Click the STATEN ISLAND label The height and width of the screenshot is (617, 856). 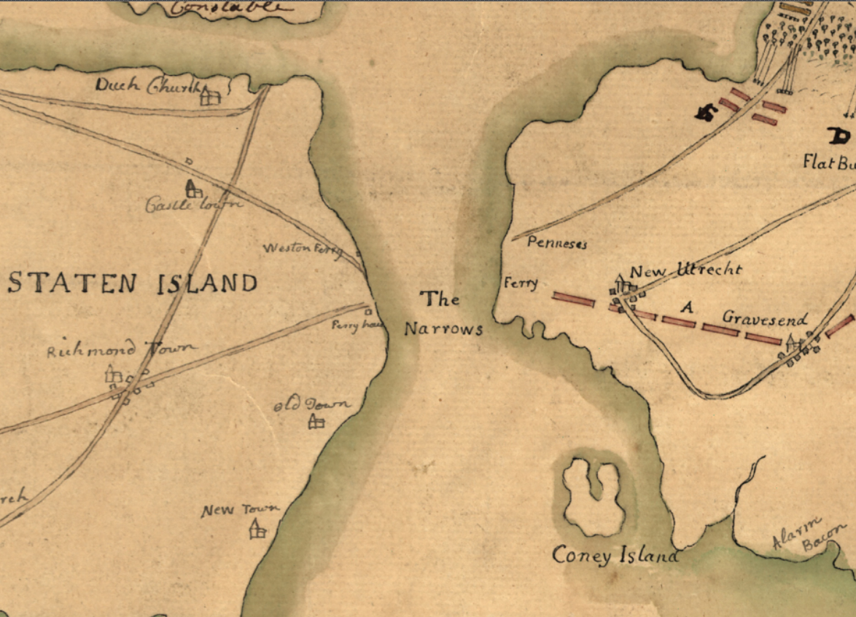point(133,283)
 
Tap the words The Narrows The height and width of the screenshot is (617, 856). point(443,314)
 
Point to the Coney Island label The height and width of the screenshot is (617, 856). point(615,556)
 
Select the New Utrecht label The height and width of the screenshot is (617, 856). point(685,270)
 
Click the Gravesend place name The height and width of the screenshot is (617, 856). point(764,318)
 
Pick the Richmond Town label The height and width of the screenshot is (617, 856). point(121,350)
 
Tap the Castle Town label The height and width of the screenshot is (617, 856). point(193,205)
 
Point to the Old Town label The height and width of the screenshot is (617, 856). point(312,405)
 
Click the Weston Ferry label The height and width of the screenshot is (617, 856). point(302,249)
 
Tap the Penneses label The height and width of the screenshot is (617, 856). point(556,244)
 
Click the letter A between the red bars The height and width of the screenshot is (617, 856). point(685,308)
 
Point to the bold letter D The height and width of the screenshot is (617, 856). point(839,135)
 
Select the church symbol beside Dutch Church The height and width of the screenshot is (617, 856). point(210,95)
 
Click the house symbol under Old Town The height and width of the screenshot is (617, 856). point(316,421)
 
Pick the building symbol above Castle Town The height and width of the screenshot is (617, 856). point(193,189)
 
